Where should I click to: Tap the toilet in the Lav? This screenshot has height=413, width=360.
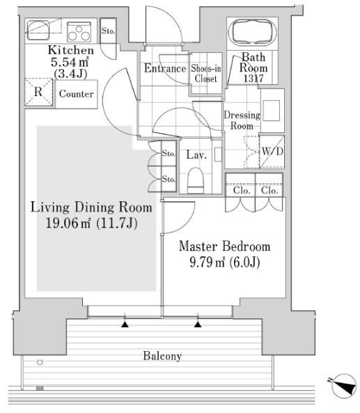(196, 180)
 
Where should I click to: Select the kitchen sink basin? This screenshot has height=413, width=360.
(38, 30)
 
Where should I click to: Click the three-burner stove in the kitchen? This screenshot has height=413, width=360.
(79, 32)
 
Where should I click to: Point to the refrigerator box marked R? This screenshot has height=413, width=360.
(38, 92)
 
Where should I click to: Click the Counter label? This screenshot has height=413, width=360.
(77, 94)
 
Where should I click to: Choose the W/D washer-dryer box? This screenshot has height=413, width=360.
(272, 151)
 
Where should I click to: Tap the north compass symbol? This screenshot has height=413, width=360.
(343, 386)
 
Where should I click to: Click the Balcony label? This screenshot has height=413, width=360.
(162, 356)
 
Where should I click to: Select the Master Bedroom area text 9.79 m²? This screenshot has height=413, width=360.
(208, 263)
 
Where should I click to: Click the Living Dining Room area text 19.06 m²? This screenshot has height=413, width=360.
(68, 224)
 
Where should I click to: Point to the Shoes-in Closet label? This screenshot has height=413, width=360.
(206, 74)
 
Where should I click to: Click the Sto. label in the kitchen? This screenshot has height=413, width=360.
(108, 31)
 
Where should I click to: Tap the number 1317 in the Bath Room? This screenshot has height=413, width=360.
(253, 78)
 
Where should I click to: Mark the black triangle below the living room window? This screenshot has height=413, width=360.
(125, 325)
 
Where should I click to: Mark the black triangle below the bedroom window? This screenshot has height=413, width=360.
(198, 325)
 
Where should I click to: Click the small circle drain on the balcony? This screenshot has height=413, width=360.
(40, 362)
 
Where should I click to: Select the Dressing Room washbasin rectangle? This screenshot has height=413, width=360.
(272, 111)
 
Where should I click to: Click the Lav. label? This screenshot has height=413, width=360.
(196, 155)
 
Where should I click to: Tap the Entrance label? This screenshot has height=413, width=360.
(165, 68)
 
